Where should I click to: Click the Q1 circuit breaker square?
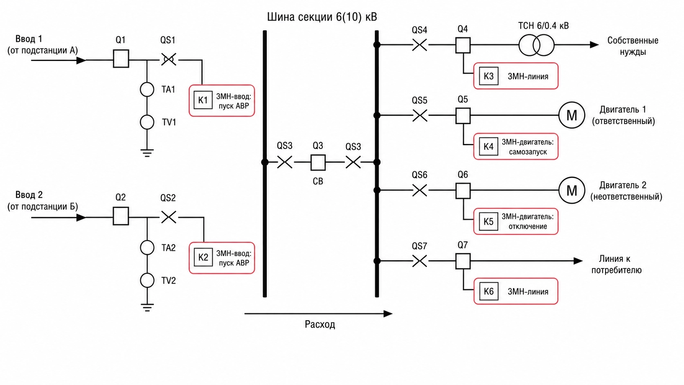121,59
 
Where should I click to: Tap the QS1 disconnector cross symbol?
169,60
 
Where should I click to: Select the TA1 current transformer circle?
147,90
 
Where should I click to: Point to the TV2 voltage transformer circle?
147,280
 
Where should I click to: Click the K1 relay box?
203,100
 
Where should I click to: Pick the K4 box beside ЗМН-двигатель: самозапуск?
488,146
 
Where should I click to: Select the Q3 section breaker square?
318,162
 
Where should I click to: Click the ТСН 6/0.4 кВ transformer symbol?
536,45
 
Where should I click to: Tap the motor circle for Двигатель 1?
571,115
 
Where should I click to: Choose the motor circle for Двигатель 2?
571,190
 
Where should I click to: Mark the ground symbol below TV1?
147,153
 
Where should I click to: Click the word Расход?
320,324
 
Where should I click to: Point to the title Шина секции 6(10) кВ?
322,17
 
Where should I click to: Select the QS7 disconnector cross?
420,261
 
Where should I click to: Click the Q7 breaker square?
463,261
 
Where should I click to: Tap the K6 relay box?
488,292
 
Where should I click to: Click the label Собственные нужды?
633,46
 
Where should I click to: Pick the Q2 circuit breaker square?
121,216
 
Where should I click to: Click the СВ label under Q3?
318,181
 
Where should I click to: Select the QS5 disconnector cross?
420,115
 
